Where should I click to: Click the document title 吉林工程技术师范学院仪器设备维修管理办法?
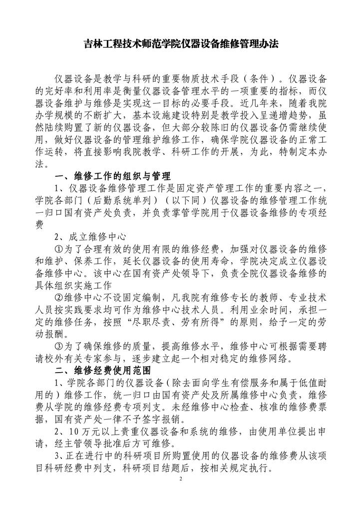coord(181,44)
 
